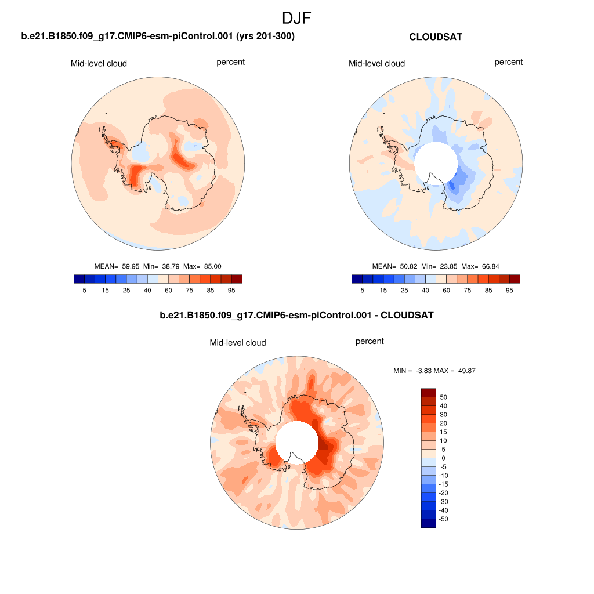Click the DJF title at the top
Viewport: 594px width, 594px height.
click(296, 18)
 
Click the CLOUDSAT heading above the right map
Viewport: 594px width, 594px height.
click(436, 37)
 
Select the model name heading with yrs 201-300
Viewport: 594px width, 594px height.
click(158, 37)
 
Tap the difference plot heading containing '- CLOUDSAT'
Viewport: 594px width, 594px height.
click(296, 316)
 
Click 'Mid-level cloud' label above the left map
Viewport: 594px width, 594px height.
click(99, 63)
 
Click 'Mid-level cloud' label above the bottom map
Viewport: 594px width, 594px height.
click(238, 343)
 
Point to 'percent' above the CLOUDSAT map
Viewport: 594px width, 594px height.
click(509, 62)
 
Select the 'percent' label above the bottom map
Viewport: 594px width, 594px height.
click(370, 341)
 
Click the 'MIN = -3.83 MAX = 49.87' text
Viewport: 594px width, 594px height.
click(434, 370)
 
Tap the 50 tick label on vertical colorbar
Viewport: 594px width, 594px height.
click(444, 397)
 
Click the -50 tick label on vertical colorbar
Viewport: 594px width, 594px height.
click(444, 519)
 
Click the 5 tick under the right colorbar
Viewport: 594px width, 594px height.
click(363, 289)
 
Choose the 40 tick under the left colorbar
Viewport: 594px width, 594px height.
click(147, 289)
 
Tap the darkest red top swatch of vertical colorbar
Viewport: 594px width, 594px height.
click(428, 393)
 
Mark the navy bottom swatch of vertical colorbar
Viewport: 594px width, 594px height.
click(428, 523)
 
